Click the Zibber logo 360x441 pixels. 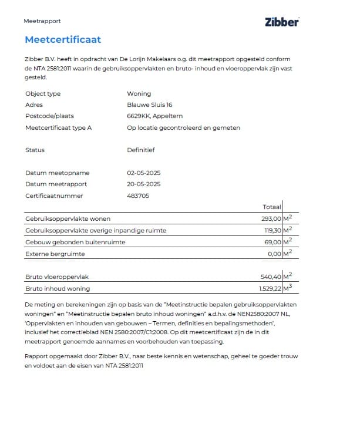point(282,22)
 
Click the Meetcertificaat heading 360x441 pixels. point(63,40)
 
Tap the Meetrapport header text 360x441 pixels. point(42,21)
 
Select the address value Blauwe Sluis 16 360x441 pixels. point(150,105)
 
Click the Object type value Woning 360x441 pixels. point(139,93)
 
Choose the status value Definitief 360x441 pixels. point(140,150)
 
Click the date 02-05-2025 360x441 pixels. point(143,173)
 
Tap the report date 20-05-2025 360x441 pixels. point(143,184)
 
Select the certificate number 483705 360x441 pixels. point(138,196)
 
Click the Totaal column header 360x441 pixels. point(272,207)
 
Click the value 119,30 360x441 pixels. point(272,230)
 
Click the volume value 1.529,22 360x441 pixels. point(270,288)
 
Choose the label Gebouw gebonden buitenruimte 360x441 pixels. point(75,242)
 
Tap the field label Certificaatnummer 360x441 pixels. point(54,196)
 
